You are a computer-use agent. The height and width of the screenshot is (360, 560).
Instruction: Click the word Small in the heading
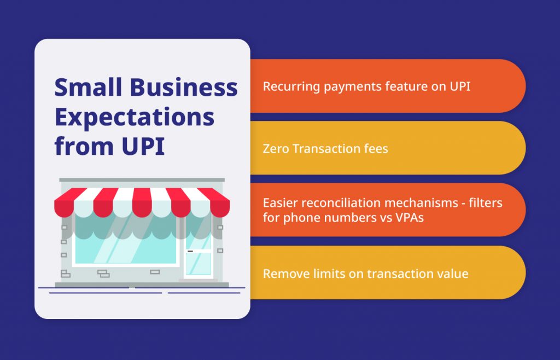[x=88, y=87]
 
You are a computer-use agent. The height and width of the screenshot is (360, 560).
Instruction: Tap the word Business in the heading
[x=184, y=87]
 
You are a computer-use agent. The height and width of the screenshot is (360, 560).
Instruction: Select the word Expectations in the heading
[x=135, y=118]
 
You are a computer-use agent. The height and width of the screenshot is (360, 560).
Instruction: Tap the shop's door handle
[x=190, y=251]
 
